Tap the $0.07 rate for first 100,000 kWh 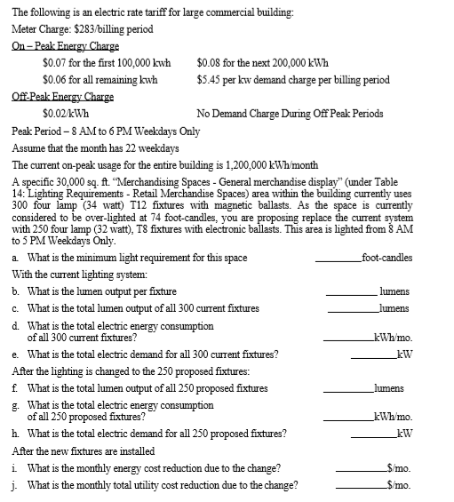(x=55, y=63)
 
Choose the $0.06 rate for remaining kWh (x=55, y=79)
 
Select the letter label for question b (x=17, y=291)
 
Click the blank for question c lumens (x=351, y=308)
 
